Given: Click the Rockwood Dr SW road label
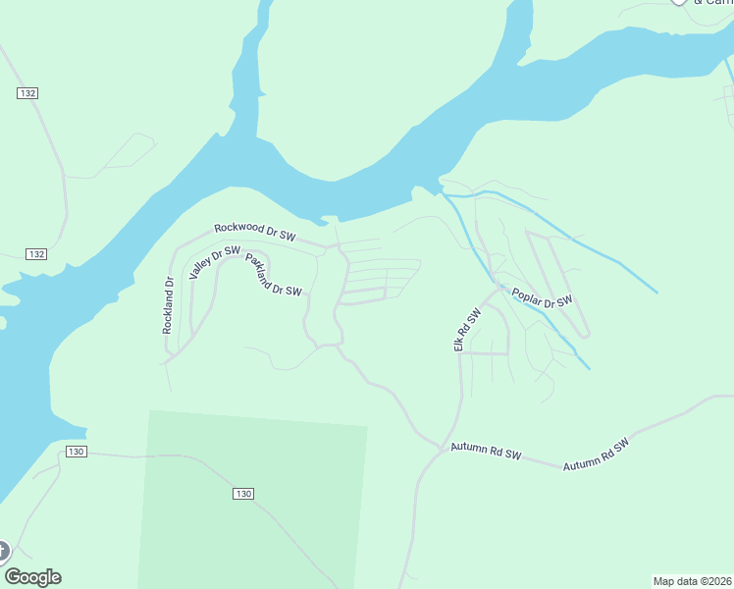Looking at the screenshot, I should (254, 231).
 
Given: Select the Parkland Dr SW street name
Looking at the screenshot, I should (274, 276).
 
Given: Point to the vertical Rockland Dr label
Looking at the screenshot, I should (168, 305).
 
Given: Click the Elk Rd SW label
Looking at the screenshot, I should (466, 330).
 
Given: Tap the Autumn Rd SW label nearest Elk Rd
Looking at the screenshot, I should (485, 452).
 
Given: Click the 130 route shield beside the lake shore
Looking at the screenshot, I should (78, 452).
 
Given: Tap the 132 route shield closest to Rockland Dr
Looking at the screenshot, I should (36, 254).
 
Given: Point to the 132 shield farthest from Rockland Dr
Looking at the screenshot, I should (26, 92).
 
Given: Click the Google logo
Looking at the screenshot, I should (32, 577).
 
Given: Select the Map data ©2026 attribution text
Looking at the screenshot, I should (692, 580).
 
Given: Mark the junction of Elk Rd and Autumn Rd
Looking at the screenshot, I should (441, 447).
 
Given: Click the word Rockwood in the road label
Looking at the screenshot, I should (238, 228).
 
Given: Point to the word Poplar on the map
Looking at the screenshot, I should (528, 294).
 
